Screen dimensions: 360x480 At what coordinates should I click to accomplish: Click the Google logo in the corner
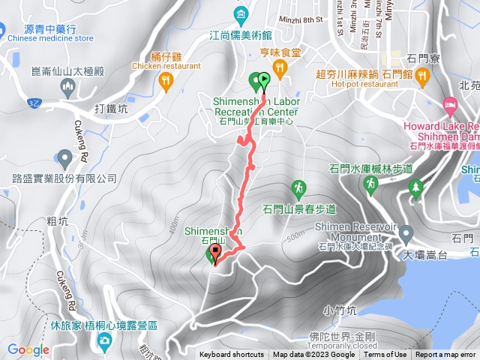pyautogui.click(x=28, y=349)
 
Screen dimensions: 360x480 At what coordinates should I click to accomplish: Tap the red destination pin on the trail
pyautogui.click(x=217, y=252)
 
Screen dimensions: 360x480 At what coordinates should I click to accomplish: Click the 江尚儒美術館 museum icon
pyautogui.click(x=241, y=13)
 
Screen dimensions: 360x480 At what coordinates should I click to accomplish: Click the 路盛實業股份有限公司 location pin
pyautogui.click(x=65, y=158)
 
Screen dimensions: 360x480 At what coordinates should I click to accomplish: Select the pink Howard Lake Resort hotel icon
pyautogui.click(x=450, y=103)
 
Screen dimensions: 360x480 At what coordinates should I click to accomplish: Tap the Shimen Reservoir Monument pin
pyautogui.click(x=406, y=232)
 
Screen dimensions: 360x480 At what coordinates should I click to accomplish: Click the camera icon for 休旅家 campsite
pyautogui.click(x=104, y=342)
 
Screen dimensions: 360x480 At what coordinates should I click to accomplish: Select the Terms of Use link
pyautogui.click(x=385, y=355)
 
